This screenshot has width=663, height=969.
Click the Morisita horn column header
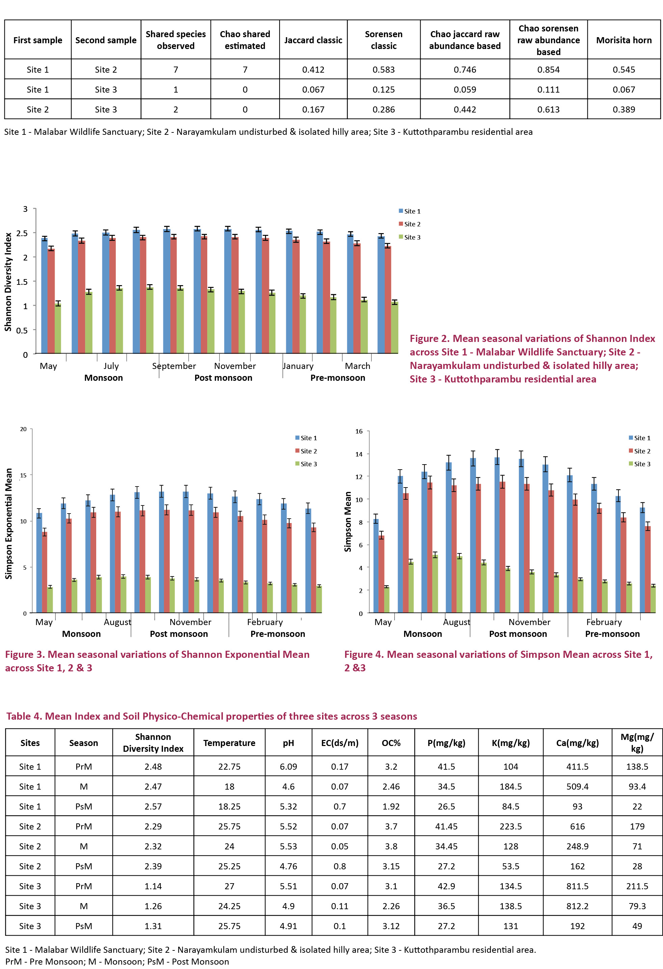click(624, 40)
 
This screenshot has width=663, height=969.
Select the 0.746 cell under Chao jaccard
click(465, 70)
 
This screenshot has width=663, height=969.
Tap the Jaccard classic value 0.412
click(313, 70)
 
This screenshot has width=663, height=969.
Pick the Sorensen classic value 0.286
click(383, 110)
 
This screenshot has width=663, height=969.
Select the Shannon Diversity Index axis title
click(8, 282)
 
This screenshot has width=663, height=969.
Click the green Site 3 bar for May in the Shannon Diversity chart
click(58, 328)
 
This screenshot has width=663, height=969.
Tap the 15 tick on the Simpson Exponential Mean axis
click(23, 475)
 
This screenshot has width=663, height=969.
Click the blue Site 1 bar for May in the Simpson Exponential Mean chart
click(39, 563)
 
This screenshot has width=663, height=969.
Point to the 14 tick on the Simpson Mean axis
click(359, 454)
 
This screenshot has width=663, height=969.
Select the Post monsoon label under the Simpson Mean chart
click(518, 634)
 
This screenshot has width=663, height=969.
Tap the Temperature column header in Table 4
click(229, 743)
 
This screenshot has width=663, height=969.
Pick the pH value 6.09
click(288, 766)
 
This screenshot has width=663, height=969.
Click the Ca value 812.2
click(577, 906)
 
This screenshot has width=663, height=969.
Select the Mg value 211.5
click(637, 886)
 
